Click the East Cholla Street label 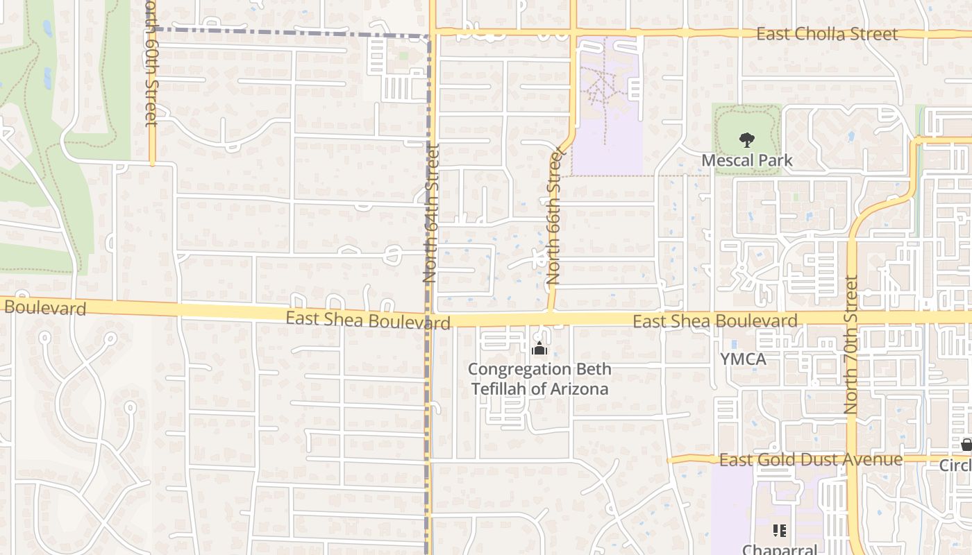click(x=826, y=33)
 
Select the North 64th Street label click(x=431, y=213)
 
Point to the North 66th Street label click(x=553, y=217)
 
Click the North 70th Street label click(x=851, y=345)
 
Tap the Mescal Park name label click(x=746, y=160)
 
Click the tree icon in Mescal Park click(x=746, y=141)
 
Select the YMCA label click(x=743, y=359)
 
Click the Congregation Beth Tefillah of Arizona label click(x=539, y=379)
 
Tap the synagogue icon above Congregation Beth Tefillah click(x=539, y=349)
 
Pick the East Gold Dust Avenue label click(x=810, y=459)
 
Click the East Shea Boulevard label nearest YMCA click(x=714, y=321)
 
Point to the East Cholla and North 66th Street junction click(x=573, y=32)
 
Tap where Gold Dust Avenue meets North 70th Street click(x=852, y=459)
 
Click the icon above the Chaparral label click(x=780, y=531)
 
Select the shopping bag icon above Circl click(x=966, y=445)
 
